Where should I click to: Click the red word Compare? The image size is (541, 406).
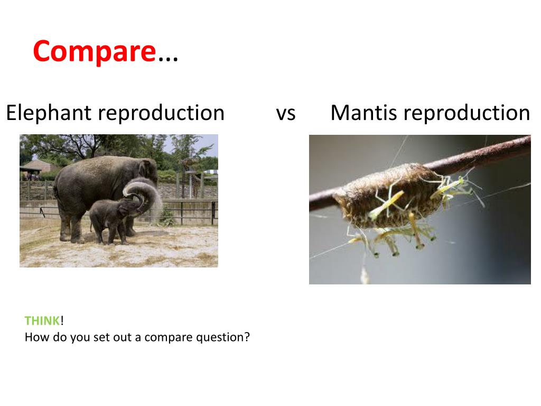point(95,52)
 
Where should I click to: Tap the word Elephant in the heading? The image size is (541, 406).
point(48,113)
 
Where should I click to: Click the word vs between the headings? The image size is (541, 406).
point(286,114)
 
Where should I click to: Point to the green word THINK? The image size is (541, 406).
point(42,321)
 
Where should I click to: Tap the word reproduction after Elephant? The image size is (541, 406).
point(161,113)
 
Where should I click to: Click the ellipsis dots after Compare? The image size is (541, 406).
point(168,59)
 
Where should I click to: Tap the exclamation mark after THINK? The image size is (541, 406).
point(62,321)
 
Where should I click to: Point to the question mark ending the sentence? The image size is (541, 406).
point(246,337)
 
